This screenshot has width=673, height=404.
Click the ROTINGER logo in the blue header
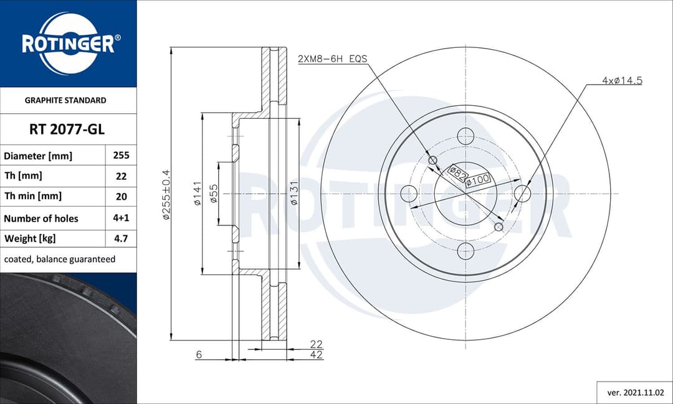[x=68, y=44]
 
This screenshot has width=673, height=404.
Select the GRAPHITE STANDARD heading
[x=65, y=100]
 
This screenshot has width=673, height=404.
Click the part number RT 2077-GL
[x=67, y=129]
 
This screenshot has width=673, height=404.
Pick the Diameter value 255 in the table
[x=121, y=156]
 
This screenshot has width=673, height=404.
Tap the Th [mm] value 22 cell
[x=121, y=176]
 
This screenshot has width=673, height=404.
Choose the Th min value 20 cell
[x=121, y=196]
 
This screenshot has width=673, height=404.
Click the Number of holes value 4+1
[x=121, y=218]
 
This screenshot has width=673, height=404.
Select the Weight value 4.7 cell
[x=121, y=238]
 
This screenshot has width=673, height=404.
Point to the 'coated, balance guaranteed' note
[x=60, y=259]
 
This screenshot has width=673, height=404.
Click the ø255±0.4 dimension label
[x=166, y=194]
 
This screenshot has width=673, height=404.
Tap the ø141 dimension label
[x=196, y=194]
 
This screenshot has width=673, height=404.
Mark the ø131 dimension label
[x=293, y=194]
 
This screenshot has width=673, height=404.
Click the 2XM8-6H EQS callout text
[x=332, y=59]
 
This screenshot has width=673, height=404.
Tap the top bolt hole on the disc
[x=465, y=135]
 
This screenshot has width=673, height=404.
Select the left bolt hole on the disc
[x=409, y=194]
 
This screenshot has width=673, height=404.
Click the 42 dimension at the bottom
[x=316, y=355]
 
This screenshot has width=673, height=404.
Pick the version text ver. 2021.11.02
[x=635, y=393]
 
